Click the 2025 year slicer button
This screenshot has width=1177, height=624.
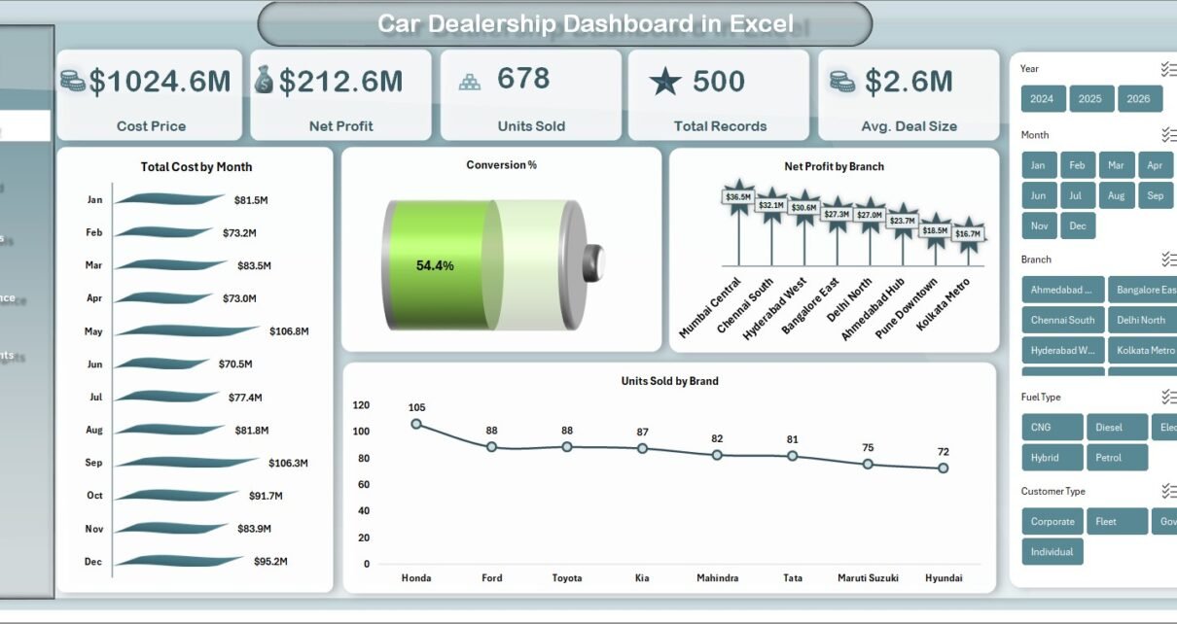(x=1091, y=99)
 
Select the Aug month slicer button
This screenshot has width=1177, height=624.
(x=1116, y=195)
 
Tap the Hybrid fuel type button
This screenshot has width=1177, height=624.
(x=1046, y=458)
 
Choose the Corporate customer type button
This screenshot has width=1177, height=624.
(x=1052, y=522)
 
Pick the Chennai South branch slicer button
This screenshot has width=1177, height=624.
(x=1062, y=320)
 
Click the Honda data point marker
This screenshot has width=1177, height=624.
(x=416, y=424)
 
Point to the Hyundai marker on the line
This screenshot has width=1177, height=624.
(x=943, y=468)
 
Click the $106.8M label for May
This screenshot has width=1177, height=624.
(x=289, y=331)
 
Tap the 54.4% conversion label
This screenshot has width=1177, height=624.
(x=435, y=265)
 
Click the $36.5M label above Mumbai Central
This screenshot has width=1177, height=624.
(x=738, y=197)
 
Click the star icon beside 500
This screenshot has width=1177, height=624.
(x=665, y=82)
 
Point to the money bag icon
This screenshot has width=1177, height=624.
(x=264, y=80)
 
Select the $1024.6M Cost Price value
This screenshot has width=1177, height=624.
(x=160, y=82)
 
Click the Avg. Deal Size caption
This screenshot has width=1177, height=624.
(x=909, y=126)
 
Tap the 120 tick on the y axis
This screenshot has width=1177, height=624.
(x=361, y=405)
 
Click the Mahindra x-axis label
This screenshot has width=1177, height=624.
(x=717, y=578)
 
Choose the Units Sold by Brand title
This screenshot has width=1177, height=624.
(x=669, y=381)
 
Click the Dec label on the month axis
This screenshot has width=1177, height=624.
(x=93, y=562)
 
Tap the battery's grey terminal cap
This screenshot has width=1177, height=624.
(x=593, y=261)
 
